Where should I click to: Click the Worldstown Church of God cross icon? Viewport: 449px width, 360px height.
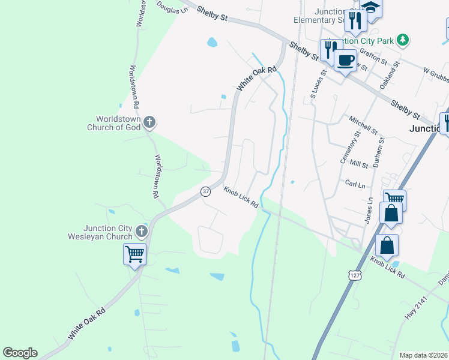150,123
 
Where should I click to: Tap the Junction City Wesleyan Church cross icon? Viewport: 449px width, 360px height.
142,231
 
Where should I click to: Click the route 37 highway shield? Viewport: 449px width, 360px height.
205,191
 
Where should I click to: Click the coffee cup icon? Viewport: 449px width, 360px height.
345,61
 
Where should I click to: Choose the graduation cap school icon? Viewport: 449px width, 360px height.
371,7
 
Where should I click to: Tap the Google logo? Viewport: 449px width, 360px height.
20,353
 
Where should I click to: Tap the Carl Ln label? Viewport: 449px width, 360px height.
354,183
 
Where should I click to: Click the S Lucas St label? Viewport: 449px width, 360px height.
317,83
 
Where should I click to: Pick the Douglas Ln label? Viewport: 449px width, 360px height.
172,7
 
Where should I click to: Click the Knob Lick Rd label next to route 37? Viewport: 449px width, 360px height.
241,197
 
